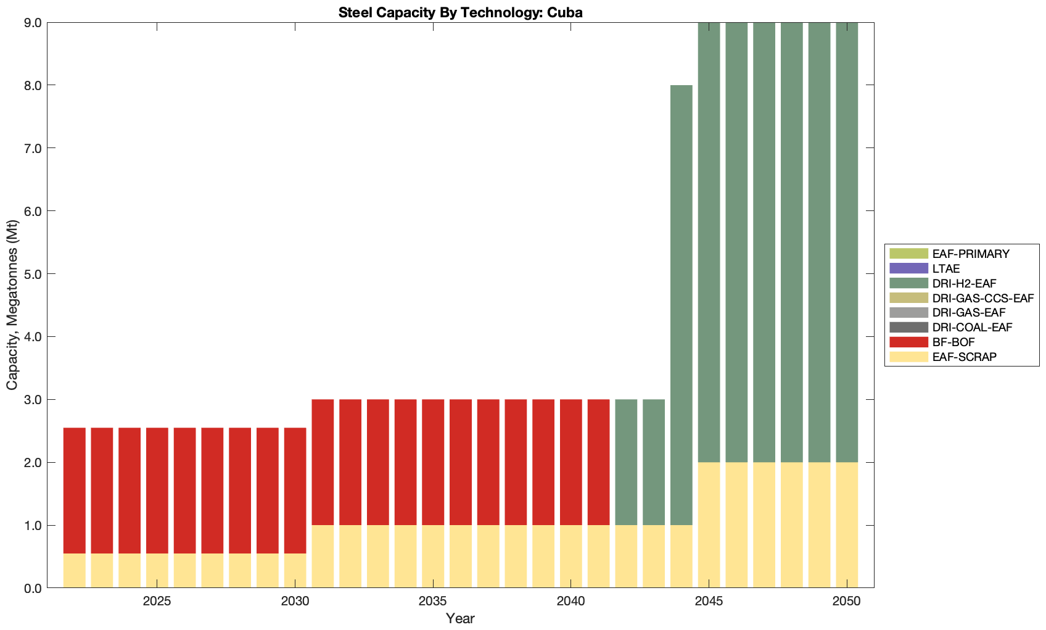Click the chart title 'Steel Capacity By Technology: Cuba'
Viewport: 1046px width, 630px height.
coord(460,12)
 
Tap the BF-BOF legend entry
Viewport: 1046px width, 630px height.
coord(953,342)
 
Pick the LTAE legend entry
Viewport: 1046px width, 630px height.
coord(946,268)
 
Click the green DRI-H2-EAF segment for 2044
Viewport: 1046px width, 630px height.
coord(682,305)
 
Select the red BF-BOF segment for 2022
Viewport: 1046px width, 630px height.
coord(75,491)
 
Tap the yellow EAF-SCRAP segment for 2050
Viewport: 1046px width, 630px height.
coord(847,525)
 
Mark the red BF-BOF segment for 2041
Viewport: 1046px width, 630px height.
coord(598,462)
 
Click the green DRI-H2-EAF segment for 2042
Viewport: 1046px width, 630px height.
coord(626,462)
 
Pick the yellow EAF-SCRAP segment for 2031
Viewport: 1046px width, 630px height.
coord(323,557)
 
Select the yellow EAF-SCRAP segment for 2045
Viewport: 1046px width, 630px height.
coord(709,525)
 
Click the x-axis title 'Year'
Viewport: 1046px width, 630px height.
coord(460,618)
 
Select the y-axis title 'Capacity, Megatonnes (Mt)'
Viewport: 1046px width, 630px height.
coord(12,305)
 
